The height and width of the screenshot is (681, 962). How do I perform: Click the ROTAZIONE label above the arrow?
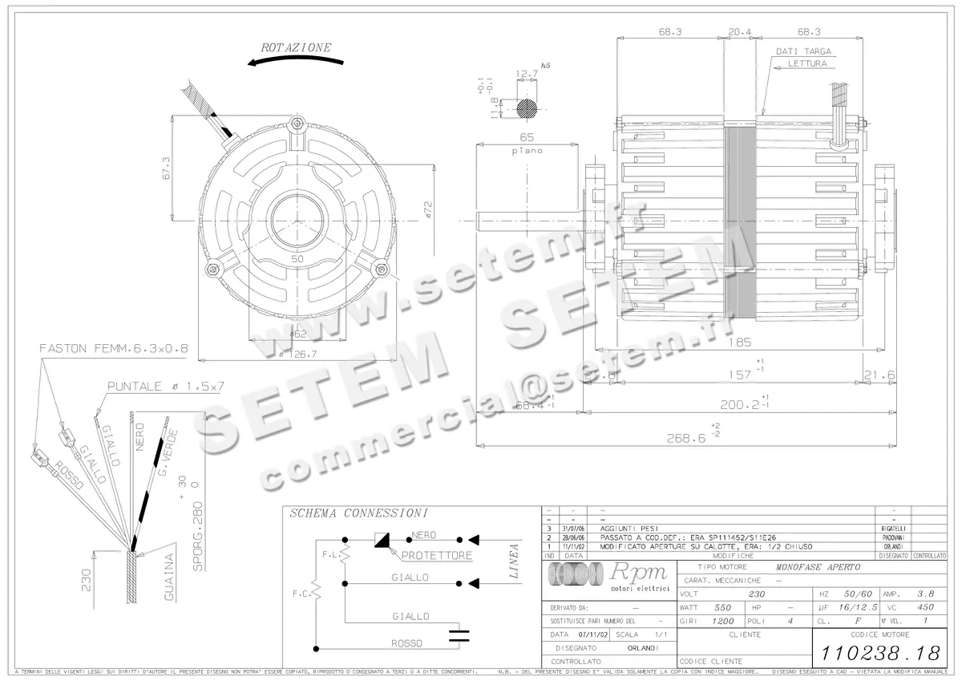tap(296, 48)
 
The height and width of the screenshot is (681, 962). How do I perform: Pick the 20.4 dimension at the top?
tap(739, 32)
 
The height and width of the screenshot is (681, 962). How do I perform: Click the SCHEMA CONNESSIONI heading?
tap(358, 513)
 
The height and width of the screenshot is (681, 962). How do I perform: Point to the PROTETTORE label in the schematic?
tap(436, 555)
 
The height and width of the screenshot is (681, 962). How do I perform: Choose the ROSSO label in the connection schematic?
tap(406, 643)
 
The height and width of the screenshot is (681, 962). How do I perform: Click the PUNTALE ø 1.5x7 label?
tap(166, 386)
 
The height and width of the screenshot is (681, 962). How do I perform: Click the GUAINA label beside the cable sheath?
tap(169, 577)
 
